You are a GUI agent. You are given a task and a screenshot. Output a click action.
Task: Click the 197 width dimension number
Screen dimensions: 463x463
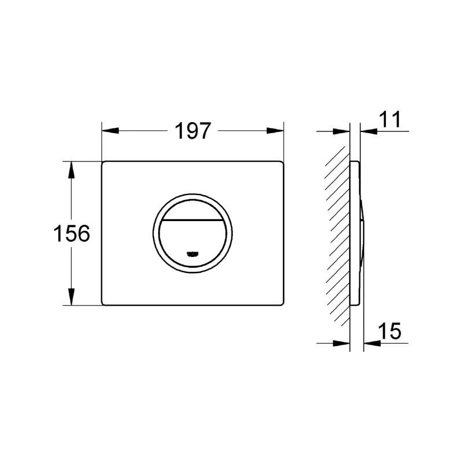point(193,131)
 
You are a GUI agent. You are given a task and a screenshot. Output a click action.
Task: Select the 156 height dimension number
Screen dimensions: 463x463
point(72,234)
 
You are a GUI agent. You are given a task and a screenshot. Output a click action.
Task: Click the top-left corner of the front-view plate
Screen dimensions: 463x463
point(104,163)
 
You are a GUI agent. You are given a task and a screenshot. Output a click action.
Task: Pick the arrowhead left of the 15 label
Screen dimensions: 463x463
point(371,343)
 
